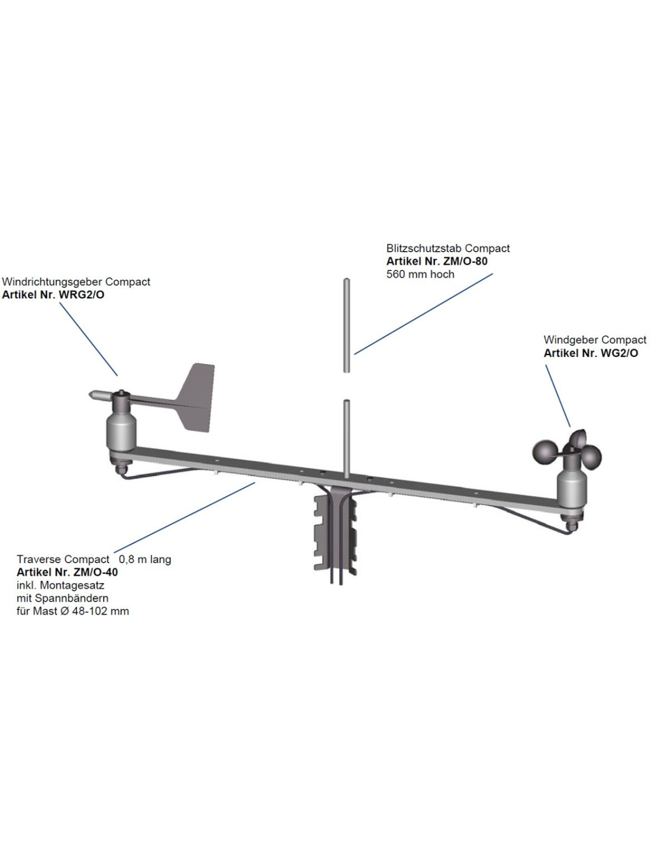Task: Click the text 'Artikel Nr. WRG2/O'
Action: [x=53, y=295]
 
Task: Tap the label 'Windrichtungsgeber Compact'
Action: [x=76, y=282]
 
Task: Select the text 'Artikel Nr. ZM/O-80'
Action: [x=437, y=261]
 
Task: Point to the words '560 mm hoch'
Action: [x=420, y=274]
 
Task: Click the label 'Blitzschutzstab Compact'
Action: [x=448, y=249]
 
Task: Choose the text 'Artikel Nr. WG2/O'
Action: [x=591, y=353]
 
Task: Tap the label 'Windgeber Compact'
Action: [x=595, y=340]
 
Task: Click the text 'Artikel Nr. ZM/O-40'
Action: [x=67, y=572]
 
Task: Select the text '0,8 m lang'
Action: [x=145, y=559]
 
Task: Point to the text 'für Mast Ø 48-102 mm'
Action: [x=73, y=611]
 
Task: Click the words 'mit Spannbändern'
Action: [x=63, y=598]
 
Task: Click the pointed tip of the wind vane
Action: [x=92, y=393]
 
